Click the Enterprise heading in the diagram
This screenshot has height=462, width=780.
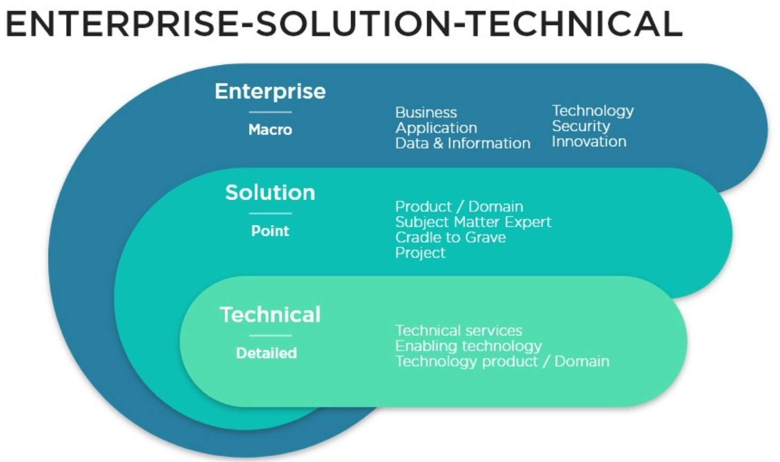coord(270,91)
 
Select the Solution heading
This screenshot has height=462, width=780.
coord(270,192)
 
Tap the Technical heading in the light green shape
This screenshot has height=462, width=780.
coord(270,315)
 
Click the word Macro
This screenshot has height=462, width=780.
coord(270,130)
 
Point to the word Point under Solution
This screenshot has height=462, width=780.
coord(270,231)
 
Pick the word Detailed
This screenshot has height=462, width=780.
coord(266,353)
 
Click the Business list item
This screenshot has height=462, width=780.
coord(426,113)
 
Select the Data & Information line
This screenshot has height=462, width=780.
coord(463,143)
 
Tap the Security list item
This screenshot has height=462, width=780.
coord(581,126)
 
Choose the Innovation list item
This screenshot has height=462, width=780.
coord(589,142)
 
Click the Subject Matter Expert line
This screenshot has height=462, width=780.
coord(474,222)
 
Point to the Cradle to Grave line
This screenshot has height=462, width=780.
coord(451,237)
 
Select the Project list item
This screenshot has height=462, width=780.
coord(420,253)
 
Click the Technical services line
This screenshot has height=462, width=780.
coord(459,331)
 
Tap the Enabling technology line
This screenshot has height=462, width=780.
coord(468,346)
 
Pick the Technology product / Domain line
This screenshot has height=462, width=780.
coord(502,361)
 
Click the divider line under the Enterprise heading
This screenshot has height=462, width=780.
coord(270,112)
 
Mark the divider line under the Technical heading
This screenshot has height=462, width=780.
coord(270,336)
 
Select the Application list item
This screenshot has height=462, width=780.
coord(436,128)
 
